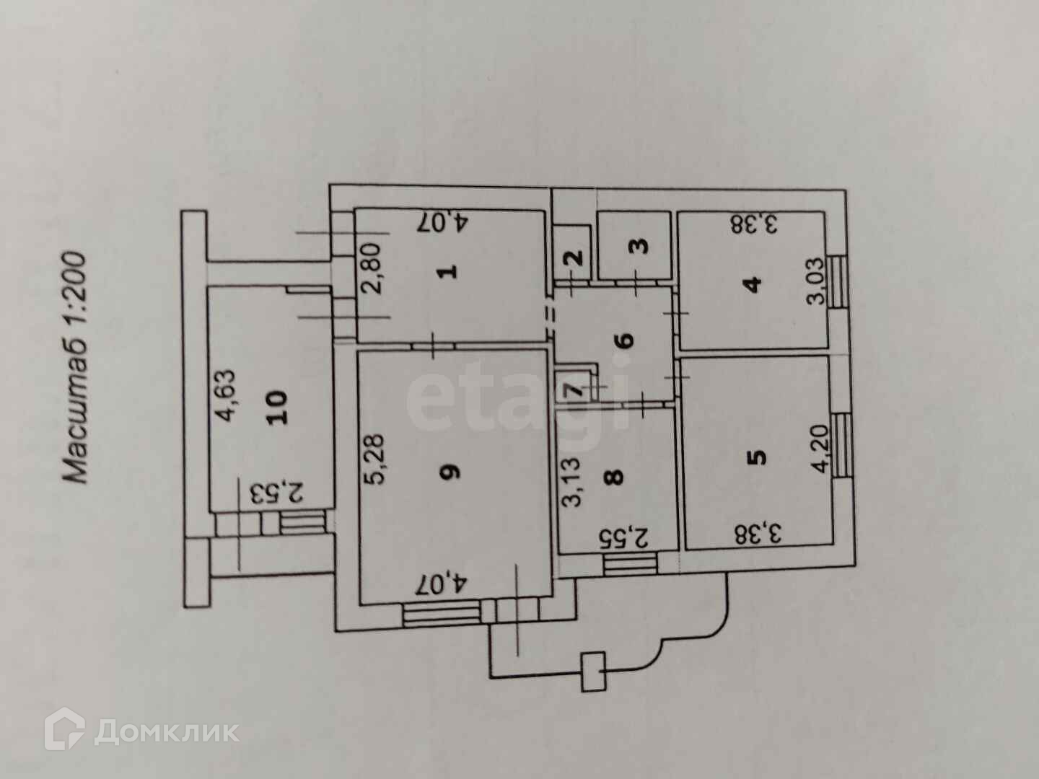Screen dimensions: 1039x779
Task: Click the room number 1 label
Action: coord(449,271)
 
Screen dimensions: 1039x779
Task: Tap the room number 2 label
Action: coord(575,257)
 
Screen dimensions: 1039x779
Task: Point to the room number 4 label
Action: coord(754,283)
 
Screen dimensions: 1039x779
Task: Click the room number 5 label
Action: coord(757,457)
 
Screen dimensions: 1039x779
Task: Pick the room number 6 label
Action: coord(626,339)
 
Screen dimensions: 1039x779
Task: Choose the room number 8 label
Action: coord(615,477)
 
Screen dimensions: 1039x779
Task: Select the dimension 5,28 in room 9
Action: coord(382,459)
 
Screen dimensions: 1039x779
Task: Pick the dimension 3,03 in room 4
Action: coord(815,282)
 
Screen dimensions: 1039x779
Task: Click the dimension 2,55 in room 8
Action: coord(625,537)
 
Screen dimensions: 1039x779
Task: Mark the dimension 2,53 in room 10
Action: coord(277,494)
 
